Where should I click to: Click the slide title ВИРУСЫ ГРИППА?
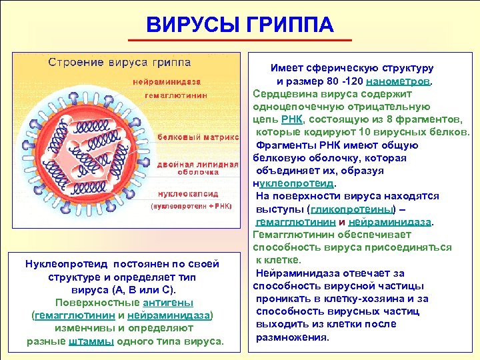click(240, 25)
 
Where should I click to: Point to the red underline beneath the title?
click(240, 41)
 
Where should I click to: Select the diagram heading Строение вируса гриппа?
click(119, 63)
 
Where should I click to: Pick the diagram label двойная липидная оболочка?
click(198, 169)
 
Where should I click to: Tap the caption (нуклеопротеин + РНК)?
click(190, 207)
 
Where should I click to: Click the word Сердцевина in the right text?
click(283, 94)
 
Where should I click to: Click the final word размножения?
click(293, 337)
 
